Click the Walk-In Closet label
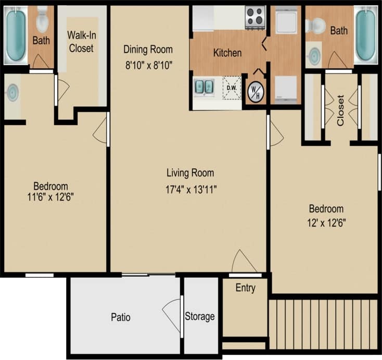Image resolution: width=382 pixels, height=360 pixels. (x=80, y=42)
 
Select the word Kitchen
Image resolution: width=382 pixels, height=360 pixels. (x=227, y=53)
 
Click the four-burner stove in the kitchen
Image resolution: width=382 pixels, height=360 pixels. (x=254, y=17)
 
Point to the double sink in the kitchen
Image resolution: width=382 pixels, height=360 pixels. (x=203, y=86)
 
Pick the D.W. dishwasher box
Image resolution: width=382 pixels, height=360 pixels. (x=232, y=87)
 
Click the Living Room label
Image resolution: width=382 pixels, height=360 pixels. (x=190, y=173)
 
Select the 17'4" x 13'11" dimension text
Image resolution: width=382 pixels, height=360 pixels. (x=190, y=189)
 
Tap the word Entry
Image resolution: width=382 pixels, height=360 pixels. (x=245, y=288)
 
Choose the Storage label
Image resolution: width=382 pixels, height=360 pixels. (x=200, y=316)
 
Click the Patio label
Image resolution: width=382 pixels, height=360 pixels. (x=120, y=317)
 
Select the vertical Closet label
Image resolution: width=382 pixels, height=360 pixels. (x=341, y=110)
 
